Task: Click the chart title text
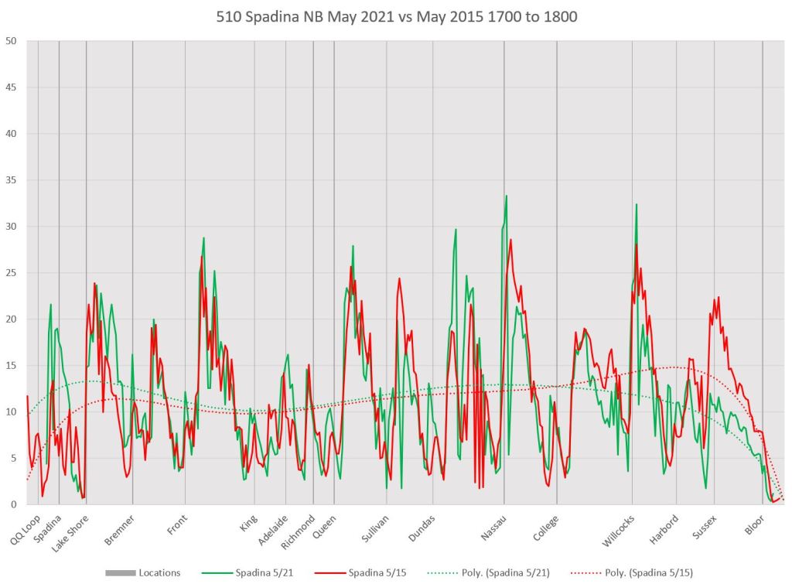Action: [396, 15]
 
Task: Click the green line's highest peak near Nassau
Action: [507, 196]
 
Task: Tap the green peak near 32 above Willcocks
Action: [637, 204]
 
